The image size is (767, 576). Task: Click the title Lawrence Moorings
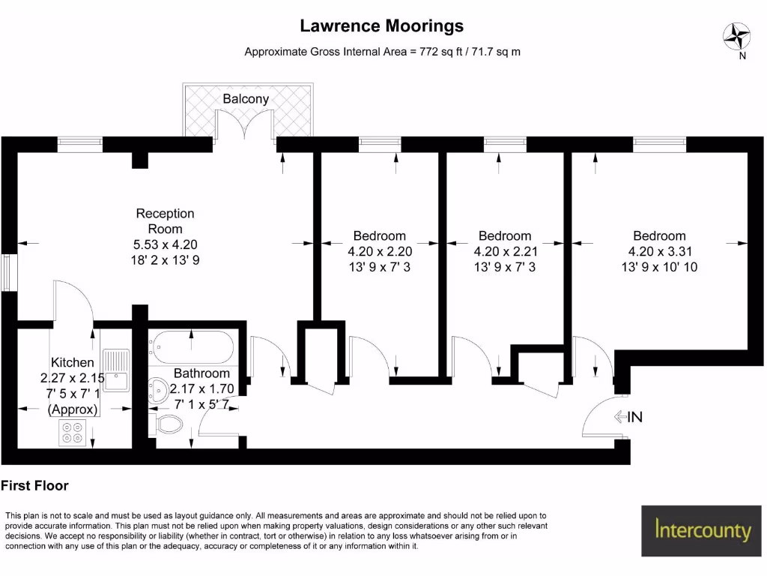coord(382,26)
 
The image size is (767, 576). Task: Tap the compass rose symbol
coord(737,35)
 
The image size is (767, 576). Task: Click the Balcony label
coord(246,99)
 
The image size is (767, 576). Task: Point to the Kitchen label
coord(72,363)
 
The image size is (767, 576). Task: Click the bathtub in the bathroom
coord(192,347)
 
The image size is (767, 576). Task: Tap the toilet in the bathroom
coord(168,424)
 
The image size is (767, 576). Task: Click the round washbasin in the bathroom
coord(159,389)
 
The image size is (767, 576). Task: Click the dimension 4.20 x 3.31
coord(659,251)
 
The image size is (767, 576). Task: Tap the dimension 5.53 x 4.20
coord(165,244)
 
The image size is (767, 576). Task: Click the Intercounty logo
coord(702,530)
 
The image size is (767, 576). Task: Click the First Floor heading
coord(35,486)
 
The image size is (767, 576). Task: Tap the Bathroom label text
coord(201,373)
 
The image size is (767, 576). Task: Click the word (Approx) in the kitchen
coord(72,409)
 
